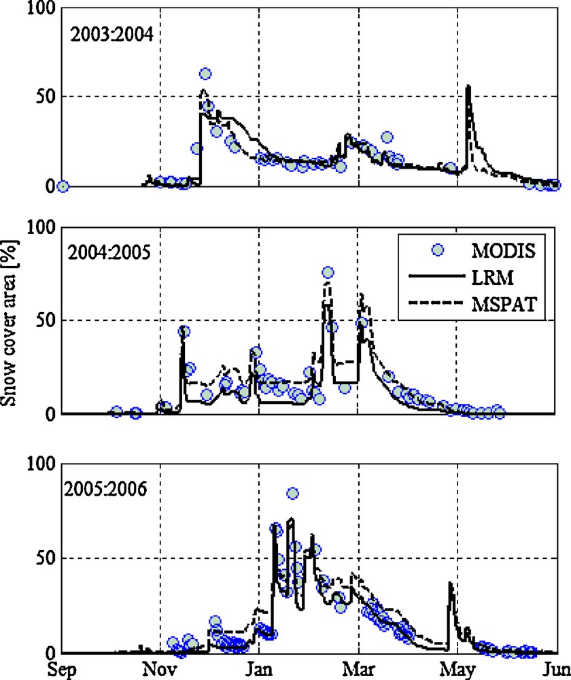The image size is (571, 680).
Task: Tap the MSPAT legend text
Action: pos(504,307)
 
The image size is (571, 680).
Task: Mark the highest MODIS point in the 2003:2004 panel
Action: pos(205,73)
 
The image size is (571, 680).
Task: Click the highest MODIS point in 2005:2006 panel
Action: pos(292,493)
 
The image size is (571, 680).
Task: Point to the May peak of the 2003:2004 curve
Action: pos(468,86)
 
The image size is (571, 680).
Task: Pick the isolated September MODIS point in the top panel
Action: pos(63,186)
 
